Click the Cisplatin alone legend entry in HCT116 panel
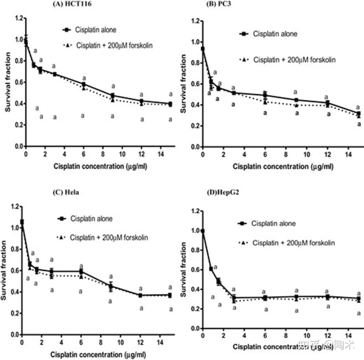click(89, 30)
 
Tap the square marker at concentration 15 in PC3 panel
click(359, 114)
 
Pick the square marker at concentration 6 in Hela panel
click(81, 271)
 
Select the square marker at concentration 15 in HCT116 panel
click(171, 104)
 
